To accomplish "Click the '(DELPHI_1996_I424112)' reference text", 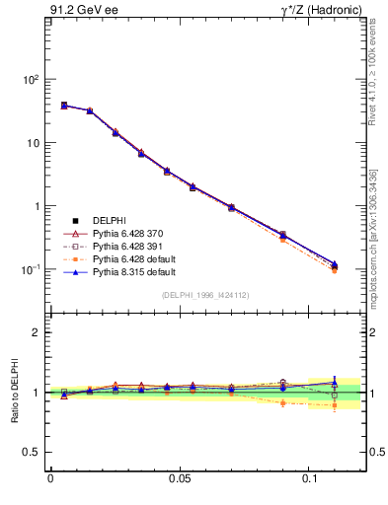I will [x=204, y=294].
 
